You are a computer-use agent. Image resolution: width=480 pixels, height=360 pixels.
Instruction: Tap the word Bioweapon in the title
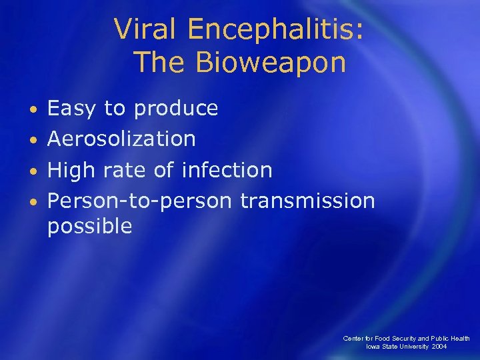click(x=271, y=63)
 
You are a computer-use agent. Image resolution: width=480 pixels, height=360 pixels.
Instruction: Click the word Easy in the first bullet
click(x=70, y=109)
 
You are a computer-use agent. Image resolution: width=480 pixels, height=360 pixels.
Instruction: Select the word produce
click(x=177, y=109)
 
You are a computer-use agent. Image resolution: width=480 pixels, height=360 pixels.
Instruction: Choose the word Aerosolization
click(x=121, y=139)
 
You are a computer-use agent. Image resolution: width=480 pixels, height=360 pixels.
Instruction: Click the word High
click(x=71, y=170)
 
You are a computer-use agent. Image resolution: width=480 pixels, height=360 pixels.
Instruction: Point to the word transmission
click(x=307, y=200)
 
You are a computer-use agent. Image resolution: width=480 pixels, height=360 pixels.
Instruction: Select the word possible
click(x=89, y=227)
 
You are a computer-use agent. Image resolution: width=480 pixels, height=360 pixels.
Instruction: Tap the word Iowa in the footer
click(x=374, y=347)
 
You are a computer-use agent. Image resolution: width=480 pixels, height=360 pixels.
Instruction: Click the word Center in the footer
click(x=353, y=339)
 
